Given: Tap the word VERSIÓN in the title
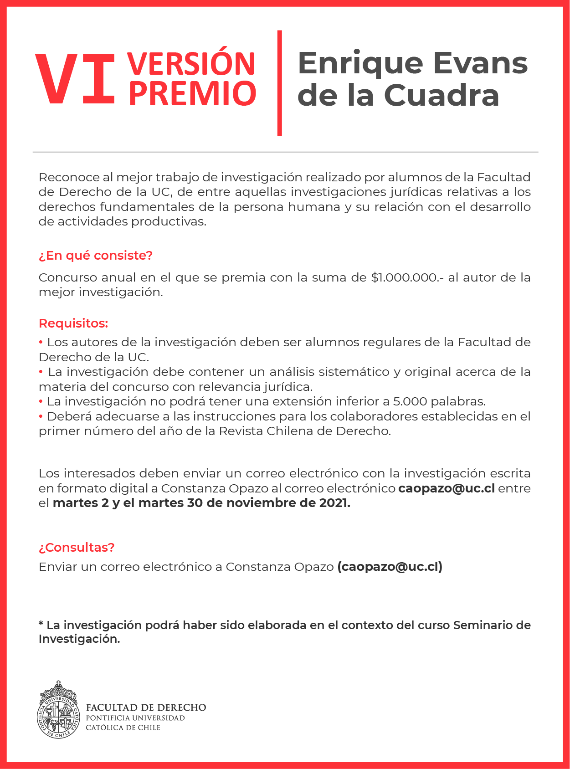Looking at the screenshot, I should click(191, 64).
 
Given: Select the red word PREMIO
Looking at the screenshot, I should click(192, 94).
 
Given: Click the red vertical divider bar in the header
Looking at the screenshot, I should click(279, 83).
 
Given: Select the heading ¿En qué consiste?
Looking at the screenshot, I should click(96, 256).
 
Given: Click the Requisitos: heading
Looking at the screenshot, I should click(73, 323).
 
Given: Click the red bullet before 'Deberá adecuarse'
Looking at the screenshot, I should click(41, 416).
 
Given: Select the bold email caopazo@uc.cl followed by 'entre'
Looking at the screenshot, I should click(446, 488).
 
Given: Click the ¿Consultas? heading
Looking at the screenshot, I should click(77, 547).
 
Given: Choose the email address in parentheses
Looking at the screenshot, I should click(390, 567).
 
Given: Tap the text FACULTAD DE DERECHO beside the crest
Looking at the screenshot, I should click(146, 707).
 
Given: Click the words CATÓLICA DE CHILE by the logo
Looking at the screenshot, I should click(123, 728).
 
